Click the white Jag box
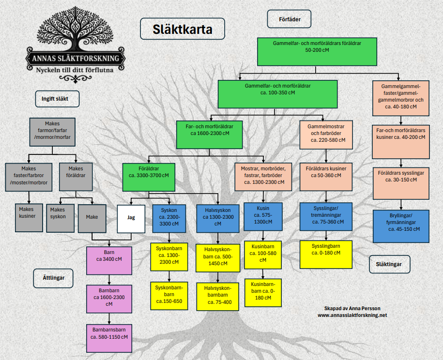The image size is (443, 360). click(131, 219)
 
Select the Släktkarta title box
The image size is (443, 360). click(183, 29)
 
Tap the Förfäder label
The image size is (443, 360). click(289, 19)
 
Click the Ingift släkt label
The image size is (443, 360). click(57, 99)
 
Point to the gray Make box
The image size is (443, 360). click(92, 217)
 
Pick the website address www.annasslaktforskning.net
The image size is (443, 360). click(352, 315)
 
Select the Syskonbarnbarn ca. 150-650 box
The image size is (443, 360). click(169, 295)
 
